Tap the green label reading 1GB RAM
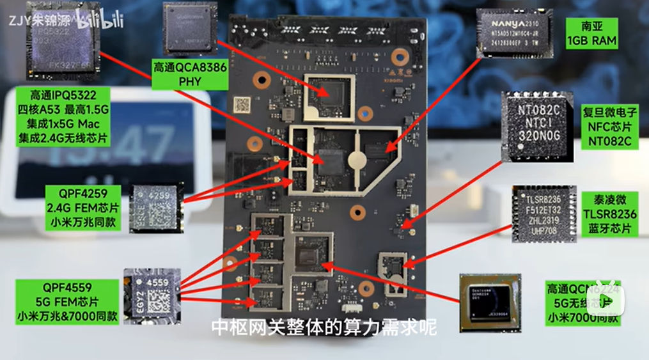(x=591, y=33)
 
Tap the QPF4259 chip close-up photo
(x=156, y=203)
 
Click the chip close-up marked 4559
(x=151, y=295)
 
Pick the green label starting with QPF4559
(x=68, y=300)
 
